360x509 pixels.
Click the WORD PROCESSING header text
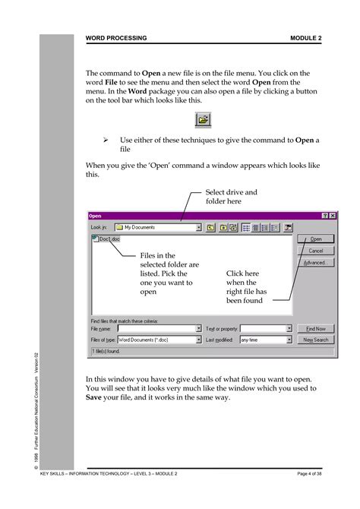pos(116,37)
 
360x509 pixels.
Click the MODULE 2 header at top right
pos(305,37)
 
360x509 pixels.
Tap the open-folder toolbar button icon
pos(204,119)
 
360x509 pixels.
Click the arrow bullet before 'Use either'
pos(106,141)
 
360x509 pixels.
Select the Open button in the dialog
pos(315,239)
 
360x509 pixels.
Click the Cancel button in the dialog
pos(315,250)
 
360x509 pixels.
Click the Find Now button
pos(315,329)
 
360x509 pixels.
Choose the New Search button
pos(315,340)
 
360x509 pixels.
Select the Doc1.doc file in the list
pos(105,239)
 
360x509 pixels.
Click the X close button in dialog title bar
pos(332,216)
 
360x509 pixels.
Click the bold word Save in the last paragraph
pos(94,397)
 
